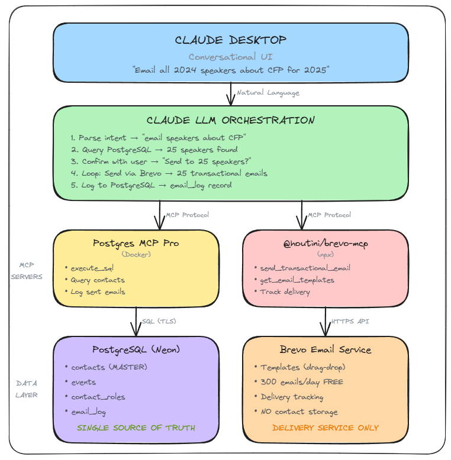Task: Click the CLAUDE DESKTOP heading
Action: click(x=231, y=40)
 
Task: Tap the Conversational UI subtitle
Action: click(x=230, y=57)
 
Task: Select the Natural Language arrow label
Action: click(x=268, y=93)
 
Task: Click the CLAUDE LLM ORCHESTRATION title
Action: click(x=231, y=120)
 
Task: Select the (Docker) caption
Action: click(x=136, y=254)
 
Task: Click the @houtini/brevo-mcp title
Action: click(x=325, y=243)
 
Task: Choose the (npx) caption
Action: click(x=325, y=254)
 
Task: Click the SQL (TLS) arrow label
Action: click(x=158, y=322)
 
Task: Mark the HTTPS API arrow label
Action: click(x=350, y=322)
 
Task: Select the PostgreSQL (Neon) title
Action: click(x=136, y=349)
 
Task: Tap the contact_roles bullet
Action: click(x=98, y=397)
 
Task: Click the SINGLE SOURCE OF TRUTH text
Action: click(x=136, y=427)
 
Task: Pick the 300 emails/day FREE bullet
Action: click(x=302, y=382)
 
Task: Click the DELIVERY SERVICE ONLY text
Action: click(x=325, y=427)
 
